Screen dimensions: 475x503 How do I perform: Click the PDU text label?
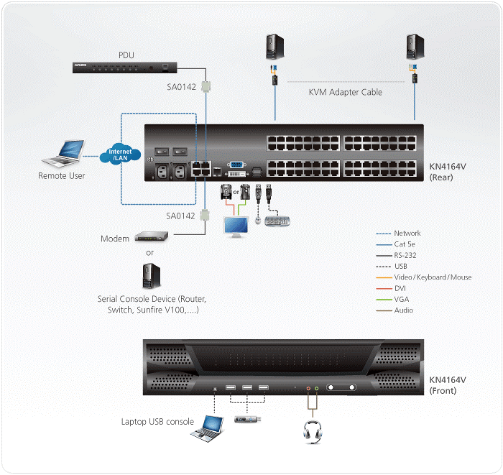[126, 55]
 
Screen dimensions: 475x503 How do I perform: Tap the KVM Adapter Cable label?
[345, 92]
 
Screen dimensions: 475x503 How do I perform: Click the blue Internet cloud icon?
[119, 155]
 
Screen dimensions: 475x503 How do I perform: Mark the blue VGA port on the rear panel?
[234, 165]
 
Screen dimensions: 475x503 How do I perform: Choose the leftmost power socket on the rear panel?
[163, 172]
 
